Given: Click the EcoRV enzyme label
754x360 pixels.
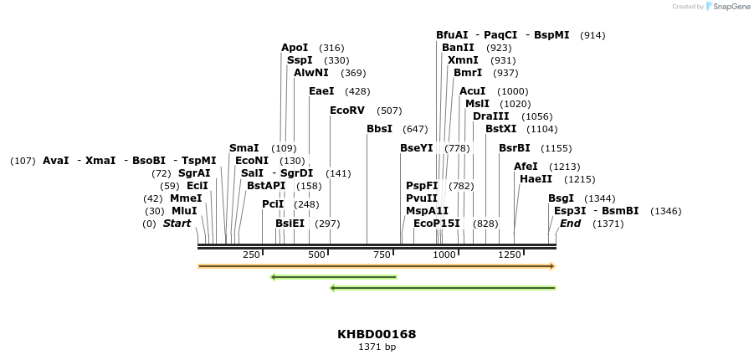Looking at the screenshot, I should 347,111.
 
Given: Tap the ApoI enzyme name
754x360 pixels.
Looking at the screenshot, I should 295,48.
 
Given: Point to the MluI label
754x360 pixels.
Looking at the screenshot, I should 184,211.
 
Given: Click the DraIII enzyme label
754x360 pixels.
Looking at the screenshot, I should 490,116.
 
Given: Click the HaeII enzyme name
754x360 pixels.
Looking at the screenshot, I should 536,179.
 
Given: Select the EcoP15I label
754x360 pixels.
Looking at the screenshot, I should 437,224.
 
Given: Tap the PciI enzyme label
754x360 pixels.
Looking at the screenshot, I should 273,204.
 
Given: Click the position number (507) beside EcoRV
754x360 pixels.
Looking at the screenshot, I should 389,111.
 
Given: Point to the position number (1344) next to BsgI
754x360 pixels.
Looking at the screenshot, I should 599,198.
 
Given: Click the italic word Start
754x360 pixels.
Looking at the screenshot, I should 177,224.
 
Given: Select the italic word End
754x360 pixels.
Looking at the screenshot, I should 570,224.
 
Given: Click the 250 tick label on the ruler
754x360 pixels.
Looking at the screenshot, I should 251,255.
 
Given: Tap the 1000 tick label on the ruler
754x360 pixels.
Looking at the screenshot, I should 445,255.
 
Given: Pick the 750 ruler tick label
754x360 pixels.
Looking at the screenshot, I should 382,255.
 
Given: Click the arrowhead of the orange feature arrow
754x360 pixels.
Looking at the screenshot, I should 552,266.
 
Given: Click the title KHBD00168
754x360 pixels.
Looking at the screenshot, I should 377,334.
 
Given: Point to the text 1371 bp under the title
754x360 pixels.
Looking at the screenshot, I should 377,347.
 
